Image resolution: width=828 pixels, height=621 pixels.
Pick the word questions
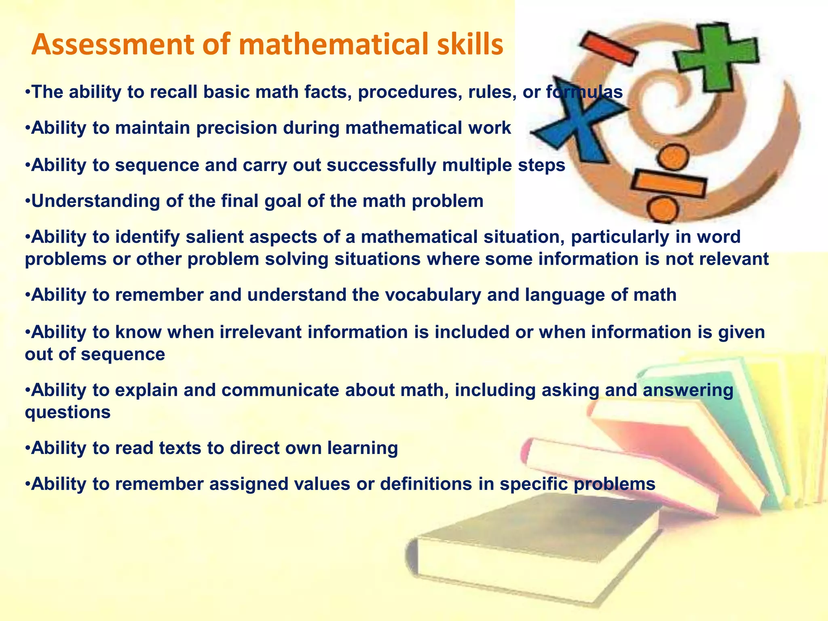68,413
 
